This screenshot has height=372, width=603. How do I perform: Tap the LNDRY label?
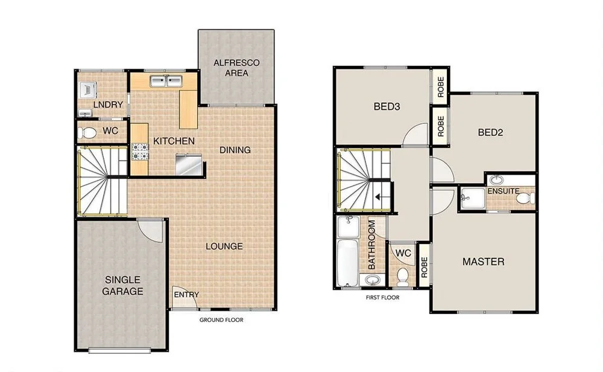click(x=109, y=104)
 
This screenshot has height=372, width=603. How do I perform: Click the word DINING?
click(x=235, y=150)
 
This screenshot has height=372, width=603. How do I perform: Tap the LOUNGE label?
click(x=224, y=246)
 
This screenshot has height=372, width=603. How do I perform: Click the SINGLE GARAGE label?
click(x=123, y=286)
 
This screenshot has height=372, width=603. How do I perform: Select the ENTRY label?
click(x=186, y=295)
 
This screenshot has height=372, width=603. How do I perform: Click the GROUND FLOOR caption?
click(x=221, y=320)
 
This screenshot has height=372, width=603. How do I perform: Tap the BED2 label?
click(x=490, y=132)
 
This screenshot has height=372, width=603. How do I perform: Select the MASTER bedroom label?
click(x=483, y=261)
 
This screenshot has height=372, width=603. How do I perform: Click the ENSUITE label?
click(x=504, y=191)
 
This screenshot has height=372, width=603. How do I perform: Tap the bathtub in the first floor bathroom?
click(x=347, y=263)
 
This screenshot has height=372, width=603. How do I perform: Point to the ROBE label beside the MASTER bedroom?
click(x=424, y=266)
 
